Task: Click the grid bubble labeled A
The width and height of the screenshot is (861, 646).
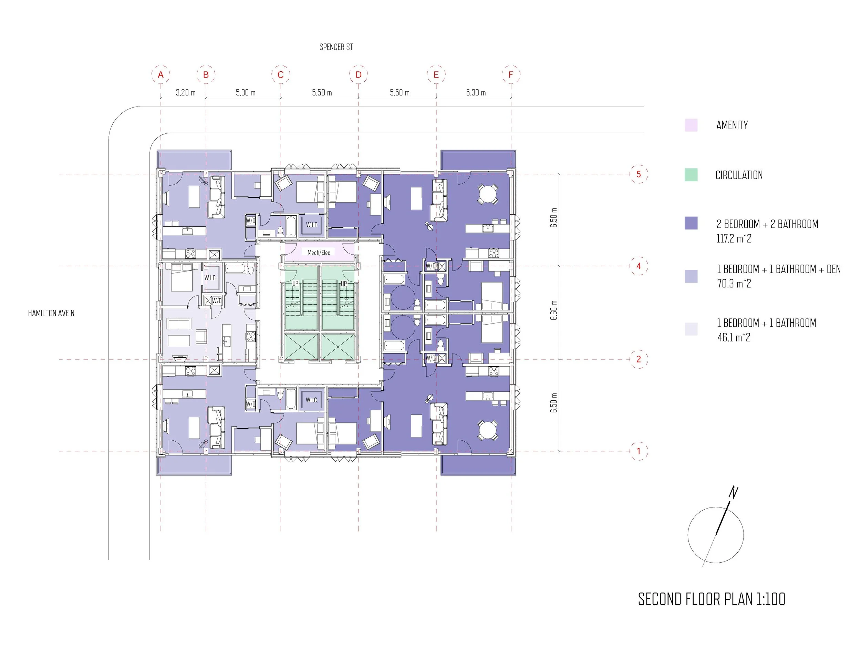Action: [x=161, y=74]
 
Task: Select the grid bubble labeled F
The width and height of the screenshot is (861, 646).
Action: [x=511, y=74]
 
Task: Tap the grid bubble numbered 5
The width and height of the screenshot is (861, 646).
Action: [x=639, y=174]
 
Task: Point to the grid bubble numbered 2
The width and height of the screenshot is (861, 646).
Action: [x=639, y=359]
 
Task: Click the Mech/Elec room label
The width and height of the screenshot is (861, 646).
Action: [x=319, y=252]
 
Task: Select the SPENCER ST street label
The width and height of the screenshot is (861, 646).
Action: [x=336, y=47]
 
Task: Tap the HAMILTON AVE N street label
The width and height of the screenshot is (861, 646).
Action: [x=51, y=313]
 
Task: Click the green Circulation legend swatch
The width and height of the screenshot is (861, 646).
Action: [x=691, y=175]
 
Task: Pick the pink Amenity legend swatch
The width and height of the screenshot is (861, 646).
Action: [x=691, y=125]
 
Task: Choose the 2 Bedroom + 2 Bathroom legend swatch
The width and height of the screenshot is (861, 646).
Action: [x=691, y=223]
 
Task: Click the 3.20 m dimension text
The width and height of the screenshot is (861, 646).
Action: [x=186, y=93]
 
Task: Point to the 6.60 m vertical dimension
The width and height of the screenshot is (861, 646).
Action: [x=554, y=310]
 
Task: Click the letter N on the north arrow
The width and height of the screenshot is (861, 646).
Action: [x=733, y=493]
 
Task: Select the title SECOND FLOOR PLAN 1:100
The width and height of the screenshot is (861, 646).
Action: [x=712, y=599]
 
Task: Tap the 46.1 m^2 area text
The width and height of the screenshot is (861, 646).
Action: [x=734, y=337]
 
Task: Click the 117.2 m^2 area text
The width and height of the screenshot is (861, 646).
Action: [x=734, y=238]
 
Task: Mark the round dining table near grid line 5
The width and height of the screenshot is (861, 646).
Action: [x=488, y=194]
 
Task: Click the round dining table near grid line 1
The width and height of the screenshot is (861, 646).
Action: [x=488, y=430]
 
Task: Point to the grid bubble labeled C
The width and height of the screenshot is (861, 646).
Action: [x=280, y=74]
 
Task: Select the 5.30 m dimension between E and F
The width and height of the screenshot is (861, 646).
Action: [x=476, y=93]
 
